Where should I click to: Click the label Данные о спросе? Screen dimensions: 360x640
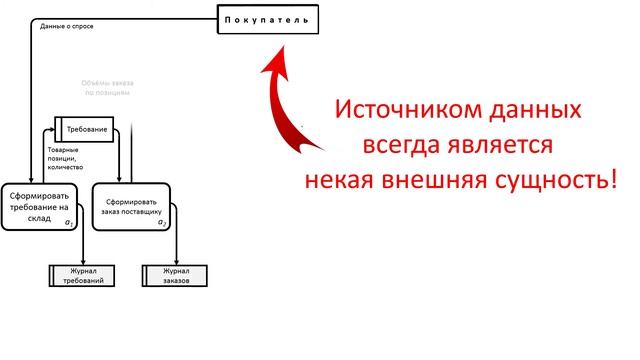point(67,26)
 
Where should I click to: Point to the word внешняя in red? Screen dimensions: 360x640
point(442,183)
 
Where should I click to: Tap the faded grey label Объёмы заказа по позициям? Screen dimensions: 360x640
point(104,87)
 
